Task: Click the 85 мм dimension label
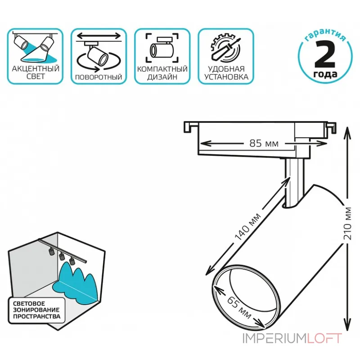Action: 264,144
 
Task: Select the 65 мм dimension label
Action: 239,307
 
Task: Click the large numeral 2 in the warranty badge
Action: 325,55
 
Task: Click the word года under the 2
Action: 325,74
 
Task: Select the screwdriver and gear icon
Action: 226,49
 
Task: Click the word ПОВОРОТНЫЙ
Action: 99,77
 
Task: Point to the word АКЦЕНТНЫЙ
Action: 36,68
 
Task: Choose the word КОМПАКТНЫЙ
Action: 162,69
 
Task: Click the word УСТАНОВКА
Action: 226,77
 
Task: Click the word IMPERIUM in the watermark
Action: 275,338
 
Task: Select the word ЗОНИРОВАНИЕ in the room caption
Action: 36,310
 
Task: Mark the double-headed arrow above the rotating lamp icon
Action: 99,36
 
